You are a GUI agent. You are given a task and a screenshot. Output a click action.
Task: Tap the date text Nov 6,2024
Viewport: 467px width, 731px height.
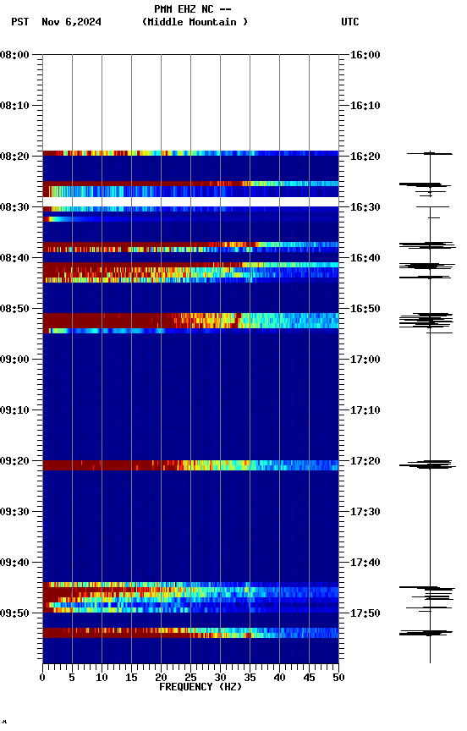(71, 22)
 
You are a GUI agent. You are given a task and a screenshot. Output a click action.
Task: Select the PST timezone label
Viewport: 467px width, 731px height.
(20, 22)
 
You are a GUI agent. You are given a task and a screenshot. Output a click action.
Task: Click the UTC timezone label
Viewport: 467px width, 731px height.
(349, 22)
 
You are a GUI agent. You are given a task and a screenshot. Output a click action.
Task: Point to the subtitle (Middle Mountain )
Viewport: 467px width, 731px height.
(195, 22)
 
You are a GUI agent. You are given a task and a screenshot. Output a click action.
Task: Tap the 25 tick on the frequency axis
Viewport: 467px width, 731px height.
(190, 677)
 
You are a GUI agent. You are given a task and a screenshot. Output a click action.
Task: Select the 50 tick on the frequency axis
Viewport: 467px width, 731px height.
(338, 677)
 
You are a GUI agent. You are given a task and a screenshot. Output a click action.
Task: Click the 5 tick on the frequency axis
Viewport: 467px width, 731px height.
(72, 677)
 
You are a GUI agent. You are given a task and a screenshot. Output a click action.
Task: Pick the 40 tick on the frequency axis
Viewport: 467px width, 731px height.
(279, 677)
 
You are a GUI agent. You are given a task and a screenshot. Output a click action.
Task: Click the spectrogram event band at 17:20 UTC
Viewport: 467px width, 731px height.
(190, 465)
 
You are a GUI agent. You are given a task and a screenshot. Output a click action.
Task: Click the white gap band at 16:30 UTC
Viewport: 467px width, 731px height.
(190, 202)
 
